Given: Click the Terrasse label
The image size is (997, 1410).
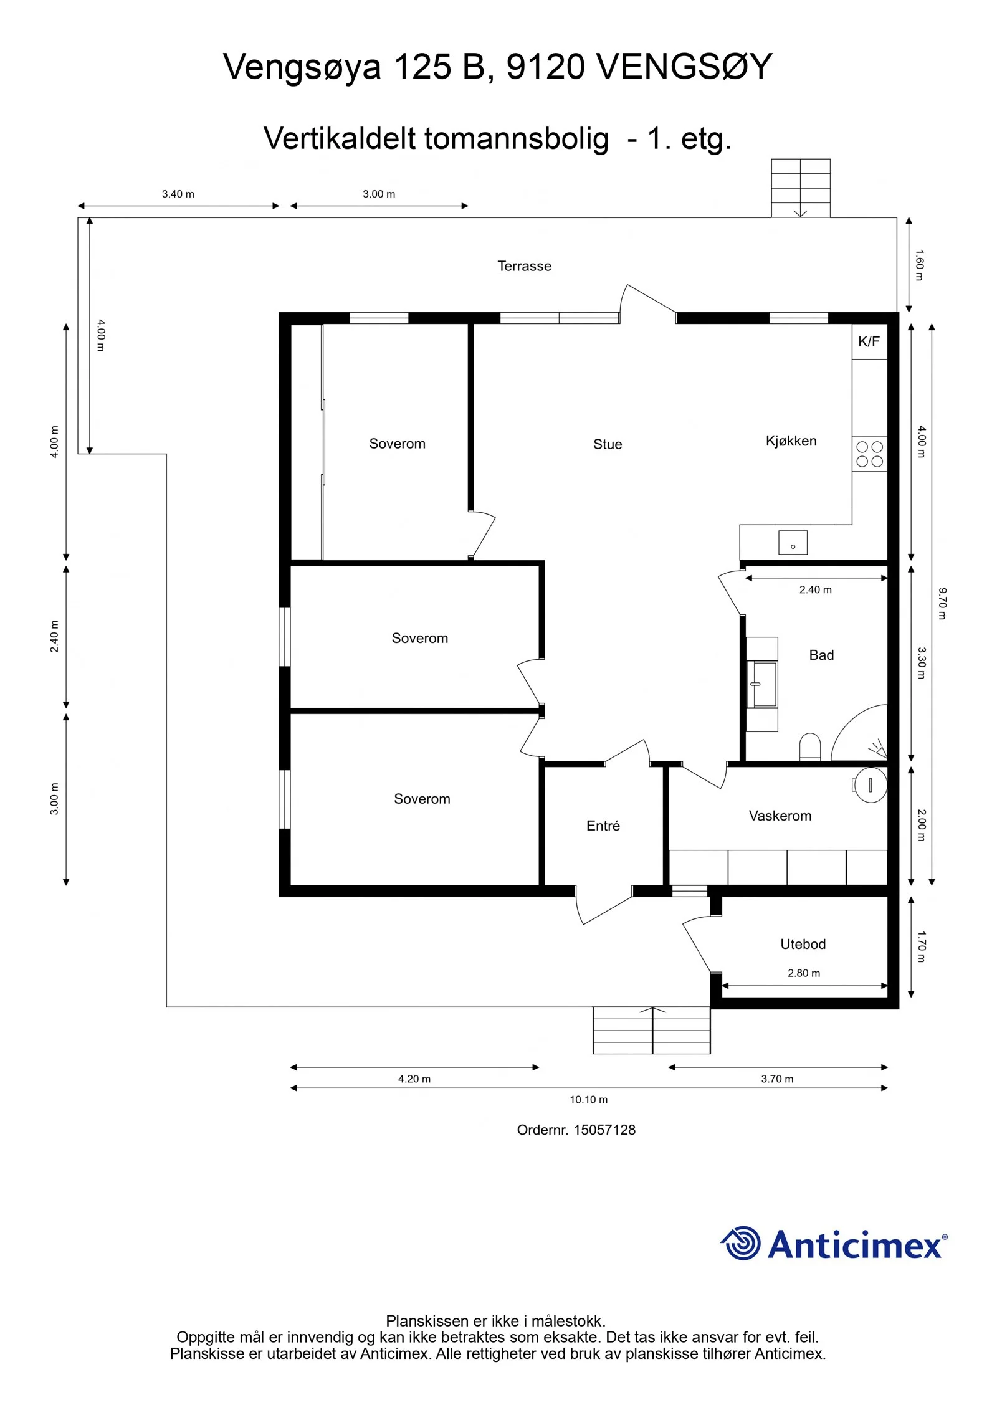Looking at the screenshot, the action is pos(524,266).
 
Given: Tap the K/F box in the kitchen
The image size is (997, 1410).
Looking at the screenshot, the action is pos(869,341).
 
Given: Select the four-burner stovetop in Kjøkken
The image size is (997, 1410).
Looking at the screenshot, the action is pos(869,454).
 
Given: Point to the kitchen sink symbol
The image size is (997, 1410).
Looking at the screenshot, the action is pos(793,543).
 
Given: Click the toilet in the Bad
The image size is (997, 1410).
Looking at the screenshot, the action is pos(810,746).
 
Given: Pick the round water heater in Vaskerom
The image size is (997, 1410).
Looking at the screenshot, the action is pos(871,784).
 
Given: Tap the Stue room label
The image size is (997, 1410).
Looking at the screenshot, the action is pos(608,444).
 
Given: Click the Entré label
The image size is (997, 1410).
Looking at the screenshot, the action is pos(603,826).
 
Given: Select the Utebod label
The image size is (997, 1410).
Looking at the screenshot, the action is pos(803,944).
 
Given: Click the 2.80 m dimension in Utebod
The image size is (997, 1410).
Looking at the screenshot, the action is pos(804,973).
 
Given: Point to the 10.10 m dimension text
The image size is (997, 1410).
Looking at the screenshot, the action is pos(588,1100).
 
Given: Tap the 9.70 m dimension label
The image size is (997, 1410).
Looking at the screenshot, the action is pos(942,603).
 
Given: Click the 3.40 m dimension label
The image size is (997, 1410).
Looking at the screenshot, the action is pos(178,194).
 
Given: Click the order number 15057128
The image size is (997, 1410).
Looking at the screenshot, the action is pos(604,1130).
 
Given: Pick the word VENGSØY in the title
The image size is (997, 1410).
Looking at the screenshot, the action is pos(684,66).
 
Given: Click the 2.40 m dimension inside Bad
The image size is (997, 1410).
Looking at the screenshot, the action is pos(816,589).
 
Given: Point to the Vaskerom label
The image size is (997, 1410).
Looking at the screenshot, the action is pos(780,816).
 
